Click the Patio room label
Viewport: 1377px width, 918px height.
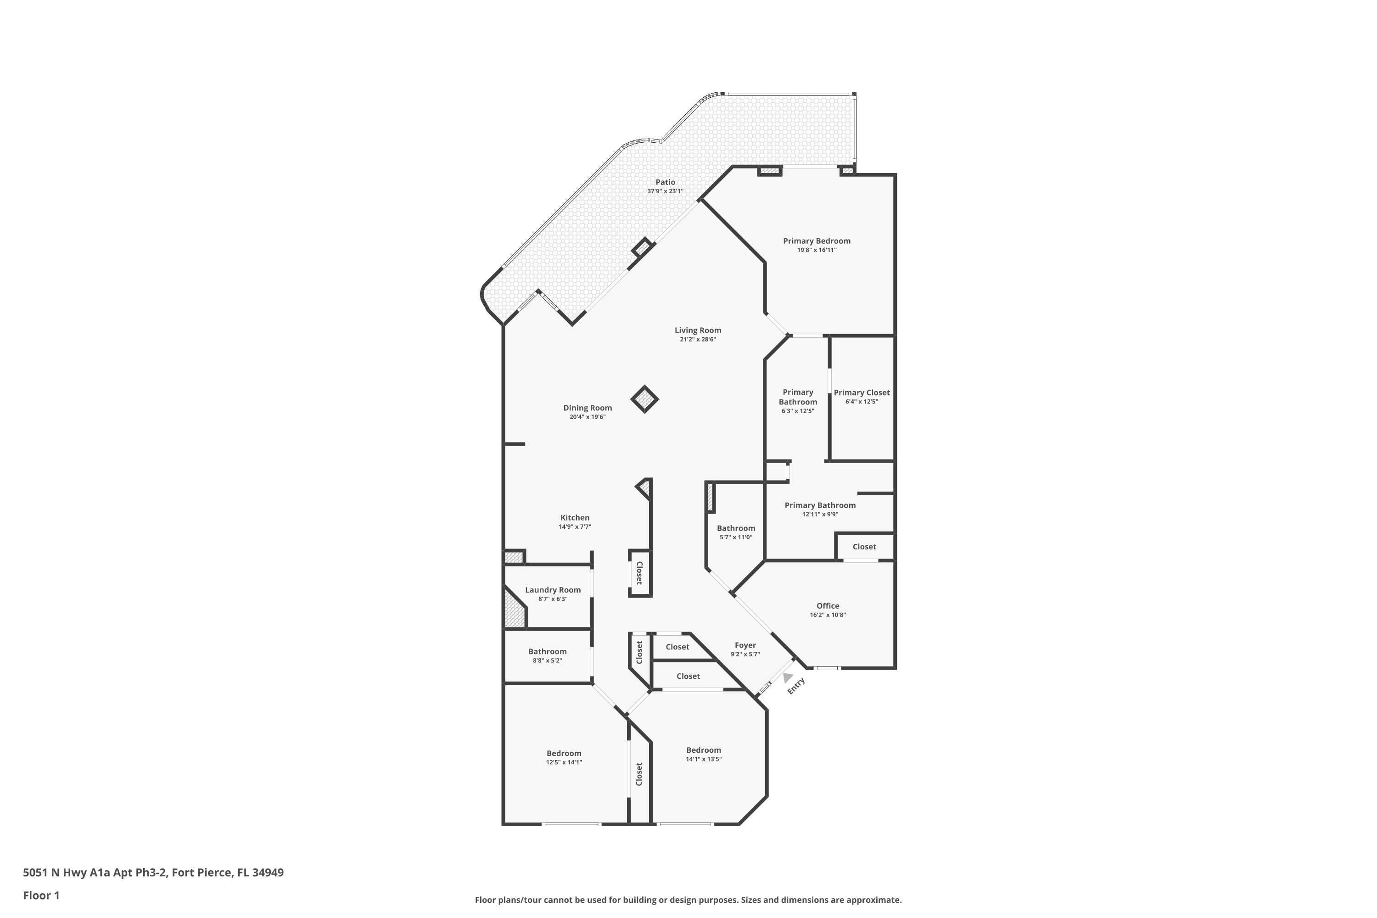pyautogui.click(x=665, y=182)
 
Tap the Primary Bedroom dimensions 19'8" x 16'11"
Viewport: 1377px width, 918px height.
pyautogui.click(x=816, y=250)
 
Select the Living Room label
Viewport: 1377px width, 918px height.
pyautogui.click(x=697, y=330)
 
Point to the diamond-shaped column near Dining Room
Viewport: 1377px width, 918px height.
pyautogui.click(x=644, y=399)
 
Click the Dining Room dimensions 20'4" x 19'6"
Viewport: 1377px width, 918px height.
pyautogui.click(x=587, y=417)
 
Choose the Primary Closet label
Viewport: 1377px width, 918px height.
pyautogui.click(x=861, y=392)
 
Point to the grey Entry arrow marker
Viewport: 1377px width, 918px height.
pyautogui.click(x=788, y=677)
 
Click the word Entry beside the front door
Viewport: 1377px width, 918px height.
pyautogui.click(x=796, y=686)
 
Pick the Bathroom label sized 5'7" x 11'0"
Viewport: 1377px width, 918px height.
pyautogui.click(x=735, y=528)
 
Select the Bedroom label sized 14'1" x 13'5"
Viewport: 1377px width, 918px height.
pyautogui.click(x=703, y=750)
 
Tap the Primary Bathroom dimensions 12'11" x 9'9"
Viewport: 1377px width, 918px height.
pyautogui.click(x=820, y=515)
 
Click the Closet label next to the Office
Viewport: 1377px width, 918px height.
pyautogui.click(x=864, y=547)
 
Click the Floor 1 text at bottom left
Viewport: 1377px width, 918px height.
pyautogui.click(x=41, y=895)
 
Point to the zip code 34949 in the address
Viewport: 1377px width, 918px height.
pyautogui.click(x=268, y=873)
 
